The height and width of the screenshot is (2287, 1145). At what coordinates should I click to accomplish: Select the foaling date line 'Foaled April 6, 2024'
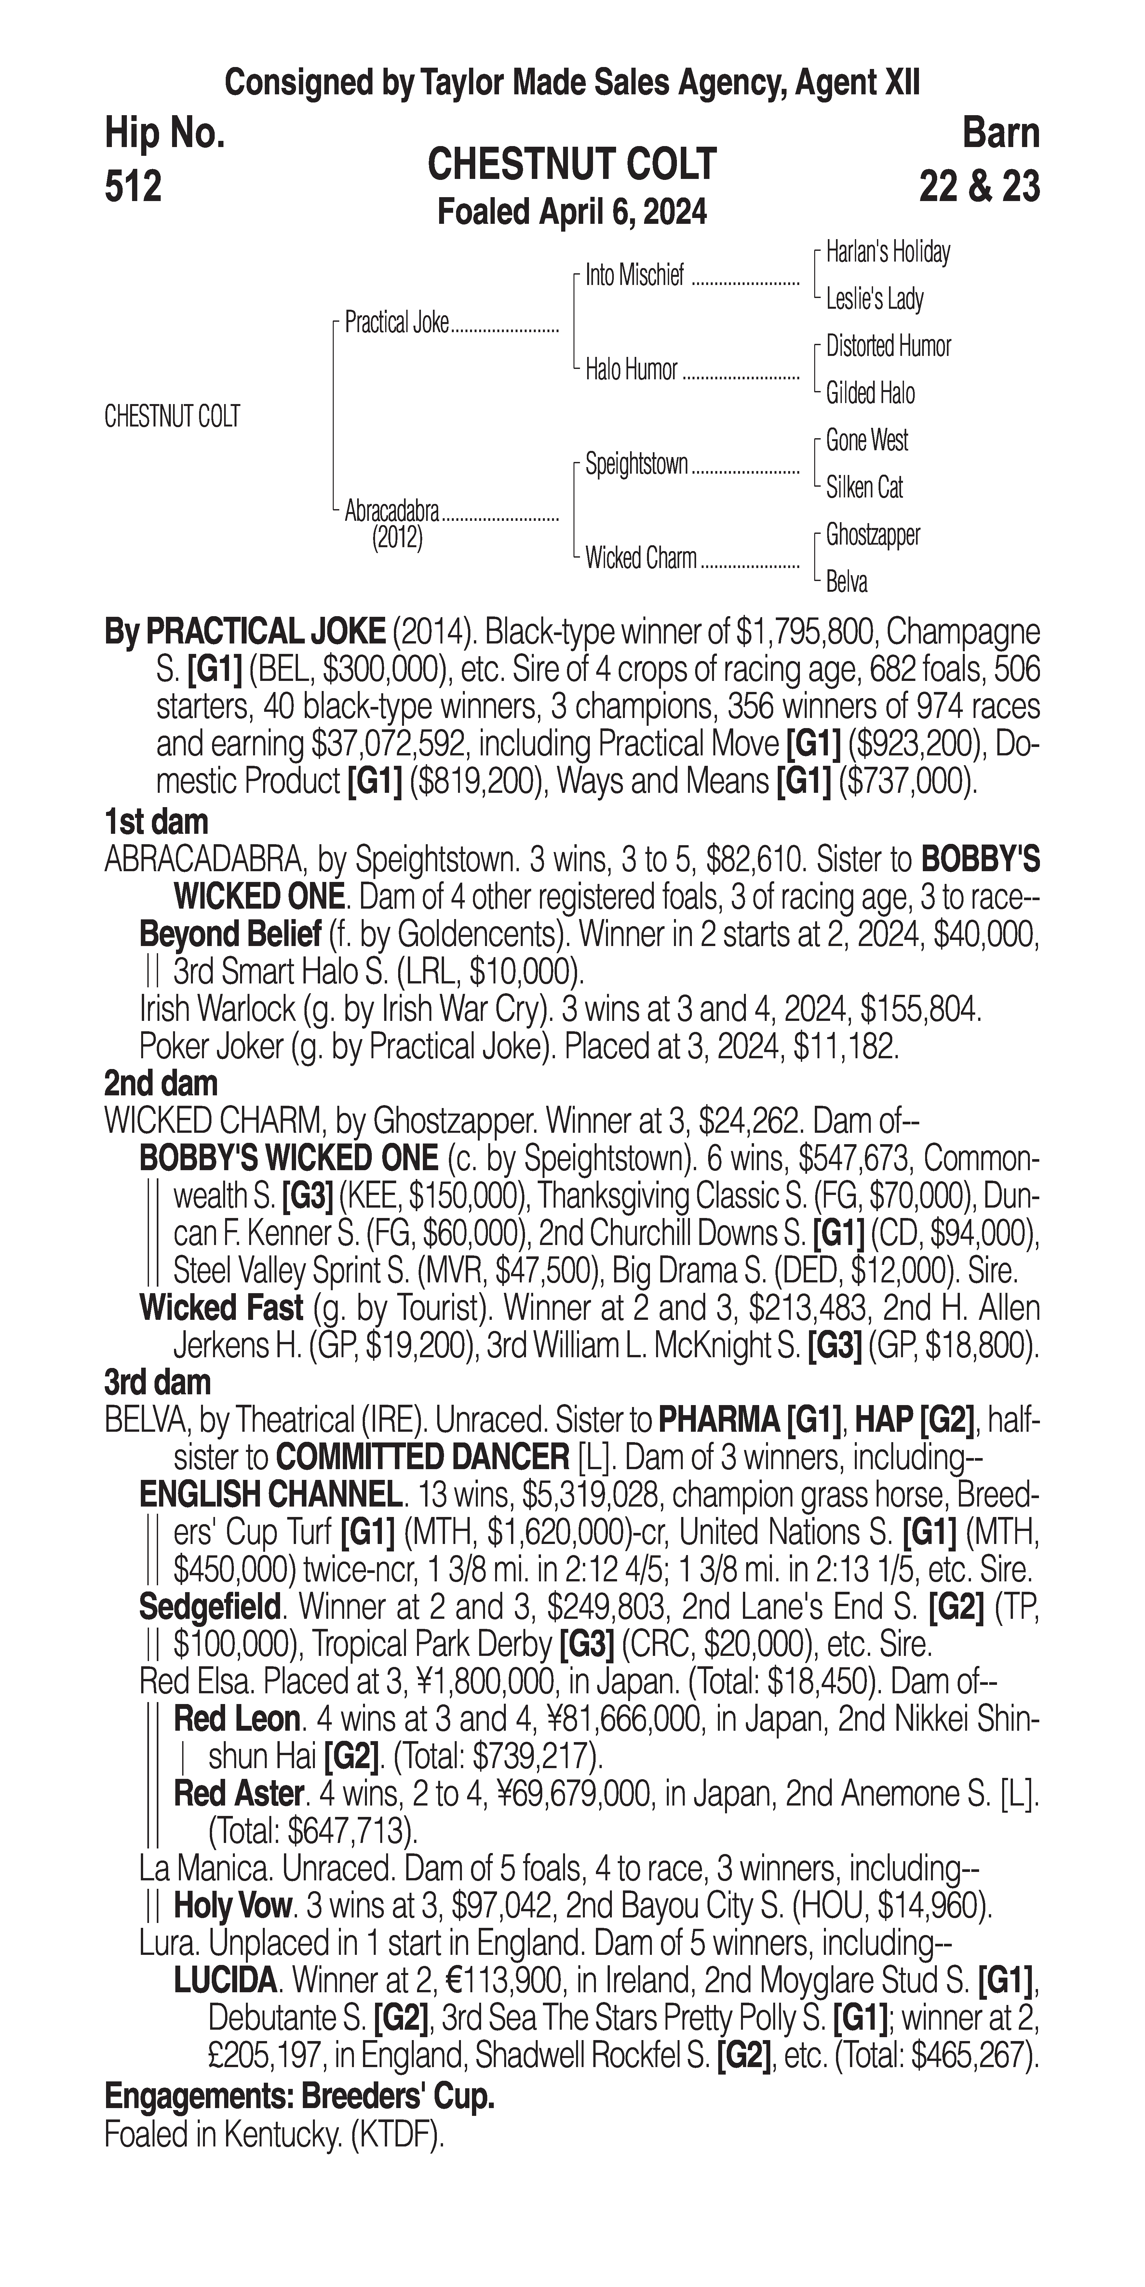pos(572,212)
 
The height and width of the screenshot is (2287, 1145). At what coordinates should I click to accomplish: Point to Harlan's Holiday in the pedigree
pos(888,252)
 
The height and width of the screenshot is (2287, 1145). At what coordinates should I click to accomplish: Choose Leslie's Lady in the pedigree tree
pos(874,299)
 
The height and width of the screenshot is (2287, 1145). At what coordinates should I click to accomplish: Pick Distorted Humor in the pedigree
pos(888,346)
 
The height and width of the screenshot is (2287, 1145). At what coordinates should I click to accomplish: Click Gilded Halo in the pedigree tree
pos(870,393)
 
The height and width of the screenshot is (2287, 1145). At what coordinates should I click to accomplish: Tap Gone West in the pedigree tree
pos(866,440)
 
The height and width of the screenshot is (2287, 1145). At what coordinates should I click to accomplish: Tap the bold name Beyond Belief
pos(230,935)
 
